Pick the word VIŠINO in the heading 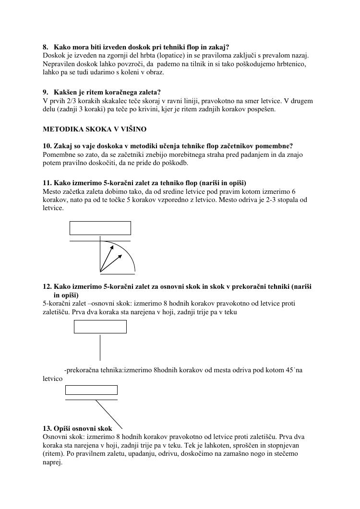point(134,129)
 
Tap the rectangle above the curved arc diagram point(100,228)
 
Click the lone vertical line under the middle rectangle point(100,347)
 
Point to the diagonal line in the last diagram point(109,414)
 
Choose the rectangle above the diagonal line point(91,390)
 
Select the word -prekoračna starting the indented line point(82,370)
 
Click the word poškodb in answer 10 point(176,163)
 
